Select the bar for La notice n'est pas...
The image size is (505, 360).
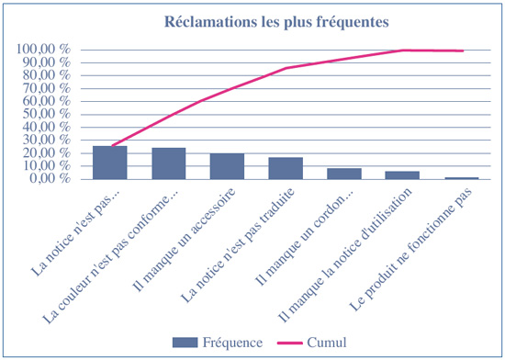point(110,163)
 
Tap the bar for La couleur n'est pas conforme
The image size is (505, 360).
point(169,163)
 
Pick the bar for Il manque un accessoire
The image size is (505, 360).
point(227,166)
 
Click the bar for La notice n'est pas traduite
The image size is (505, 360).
point(286,168)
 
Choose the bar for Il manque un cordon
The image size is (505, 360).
point(344,174)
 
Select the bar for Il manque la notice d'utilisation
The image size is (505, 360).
point(402,174)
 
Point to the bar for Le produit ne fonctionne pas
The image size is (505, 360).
point(461,178)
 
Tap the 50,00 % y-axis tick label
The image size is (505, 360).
point(48,114)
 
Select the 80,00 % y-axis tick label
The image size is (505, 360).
point(48,75)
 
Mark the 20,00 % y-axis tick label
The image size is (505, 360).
point(48,153)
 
